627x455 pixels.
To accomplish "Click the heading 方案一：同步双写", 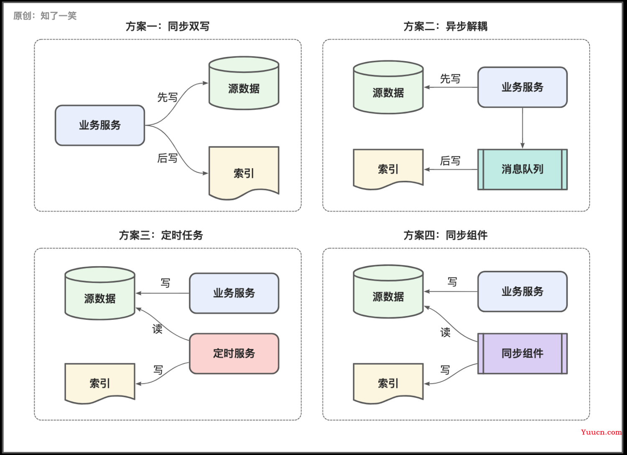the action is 167,26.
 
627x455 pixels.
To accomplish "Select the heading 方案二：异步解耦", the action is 445,26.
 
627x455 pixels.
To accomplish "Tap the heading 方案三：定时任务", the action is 161,235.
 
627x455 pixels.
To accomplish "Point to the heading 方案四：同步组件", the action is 445,235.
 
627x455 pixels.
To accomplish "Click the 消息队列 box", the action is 522,170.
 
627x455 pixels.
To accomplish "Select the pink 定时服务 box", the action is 234,353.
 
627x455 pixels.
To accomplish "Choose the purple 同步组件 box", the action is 522,353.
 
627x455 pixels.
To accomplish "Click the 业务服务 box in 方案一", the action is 100,125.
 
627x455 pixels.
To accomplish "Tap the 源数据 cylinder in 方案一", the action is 244,83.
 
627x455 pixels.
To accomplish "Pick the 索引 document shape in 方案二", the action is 388,169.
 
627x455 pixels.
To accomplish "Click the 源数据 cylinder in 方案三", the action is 100,293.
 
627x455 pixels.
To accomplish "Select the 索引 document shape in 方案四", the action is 388,383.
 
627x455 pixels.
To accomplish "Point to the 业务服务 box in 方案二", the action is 522,87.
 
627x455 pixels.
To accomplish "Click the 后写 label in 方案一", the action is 167,158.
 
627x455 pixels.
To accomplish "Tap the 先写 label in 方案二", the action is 450,79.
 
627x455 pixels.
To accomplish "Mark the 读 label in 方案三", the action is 157,329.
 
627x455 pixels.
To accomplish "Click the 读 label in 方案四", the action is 445,332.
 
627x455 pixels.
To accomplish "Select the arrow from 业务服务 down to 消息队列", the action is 522,128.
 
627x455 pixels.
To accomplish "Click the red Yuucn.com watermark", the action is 601,432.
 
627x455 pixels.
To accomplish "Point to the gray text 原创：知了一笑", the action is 45,16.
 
